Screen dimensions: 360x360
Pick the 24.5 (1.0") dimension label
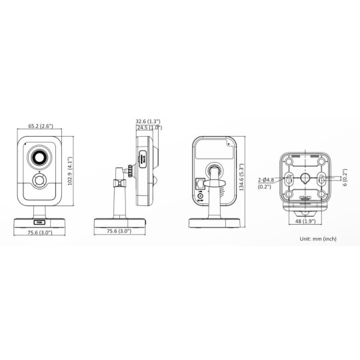149,127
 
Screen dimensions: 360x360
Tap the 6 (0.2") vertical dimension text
345,178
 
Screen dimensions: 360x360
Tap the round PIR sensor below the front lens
39,181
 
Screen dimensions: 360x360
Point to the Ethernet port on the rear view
200,183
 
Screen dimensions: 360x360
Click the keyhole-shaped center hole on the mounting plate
306,178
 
